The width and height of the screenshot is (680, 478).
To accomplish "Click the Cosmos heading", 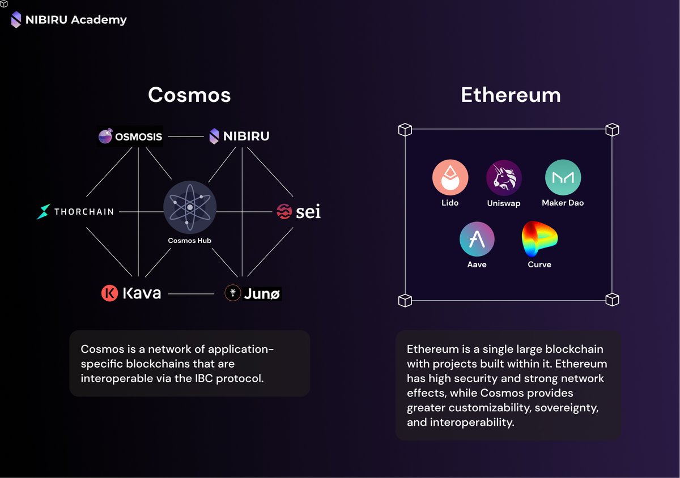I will (x=189, y=95).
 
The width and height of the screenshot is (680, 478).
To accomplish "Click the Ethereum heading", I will (x=511, y=95).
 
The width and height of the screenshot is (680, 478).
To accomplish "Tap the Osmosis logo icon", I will (x=105, y=136).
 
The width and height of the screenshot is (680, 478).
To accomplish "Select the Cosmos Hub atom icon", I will (x=190, y=207).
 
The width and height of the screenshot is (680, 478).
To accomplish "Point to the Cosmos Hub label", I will (x=190, y=241).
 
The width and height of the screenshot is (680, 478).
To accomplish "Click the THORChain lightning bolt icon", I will (x=44, y=212).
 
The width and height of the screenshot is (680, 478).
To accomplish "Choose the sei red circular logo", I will (x=284, y=212).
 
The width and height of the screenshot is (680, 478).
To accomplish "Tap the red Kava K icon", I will (x=109, y=293).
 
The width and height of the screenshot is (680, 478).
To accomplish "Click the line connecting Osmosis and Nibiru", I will (x=185, y=136).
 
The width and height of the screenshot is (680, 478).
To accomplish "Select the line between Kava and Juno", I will (x=191, y=294).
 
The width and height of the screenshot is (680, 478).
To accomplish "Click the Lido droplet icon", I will (x=450, y=177).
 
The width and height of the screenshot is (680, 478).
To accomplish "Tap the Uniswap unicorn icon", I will (x=504, y=177).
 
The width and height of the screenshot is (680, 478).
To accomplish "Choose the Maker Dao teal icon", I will (x=563, y=177).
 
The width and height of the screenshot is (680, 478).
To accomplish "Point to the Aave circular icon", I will (x=477, y=239).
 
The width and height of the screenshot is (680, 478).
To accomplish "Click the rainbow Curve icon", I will (x=539, y=239).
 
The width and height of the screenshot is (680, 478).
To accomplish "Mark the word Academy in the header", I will (x=99, y=20).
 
